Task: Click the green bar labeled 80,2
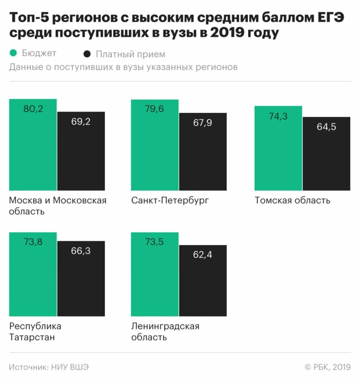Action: pos(33,145)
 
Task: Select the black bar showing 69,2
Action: pos(81,151)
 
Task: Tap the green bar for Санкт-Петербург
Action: pos(155,145)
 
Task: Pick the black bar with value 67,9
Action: pos(203,152)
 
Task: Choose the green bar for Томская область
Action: pos(278,148)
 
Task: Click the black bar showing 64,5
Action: pos(326,154)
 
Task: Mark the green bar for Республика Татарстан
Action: pos(33,274)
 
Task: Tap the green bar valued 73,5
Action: pos(155,274)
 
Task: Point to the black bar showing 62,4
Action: pos(203,281)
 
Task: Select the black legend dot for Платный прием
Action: pos(87,54)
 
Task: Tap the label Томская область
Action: pos(293,200)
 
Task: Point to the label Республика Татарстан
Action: pos(35,332)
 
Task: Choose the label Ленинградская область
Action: pos(165,332)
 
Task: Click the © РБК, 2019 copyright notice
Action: pos(328,367)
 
